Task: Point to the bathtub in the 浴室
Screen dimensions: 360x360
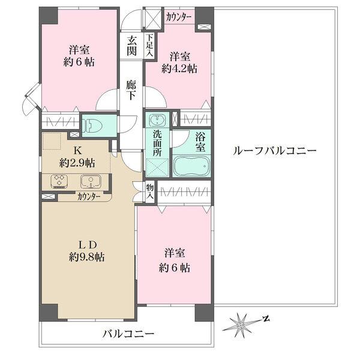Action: tap(191, 164)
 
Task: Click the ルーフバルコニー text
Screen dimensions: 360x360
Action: tap(274, 151)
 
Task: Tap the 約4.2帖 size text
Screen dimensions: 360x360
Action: tap(179, 69)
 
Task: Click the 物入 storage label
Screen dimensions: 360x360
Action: tap(150, 192)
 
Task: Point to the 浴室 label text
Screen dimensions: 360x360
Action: tap(199, 140)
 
